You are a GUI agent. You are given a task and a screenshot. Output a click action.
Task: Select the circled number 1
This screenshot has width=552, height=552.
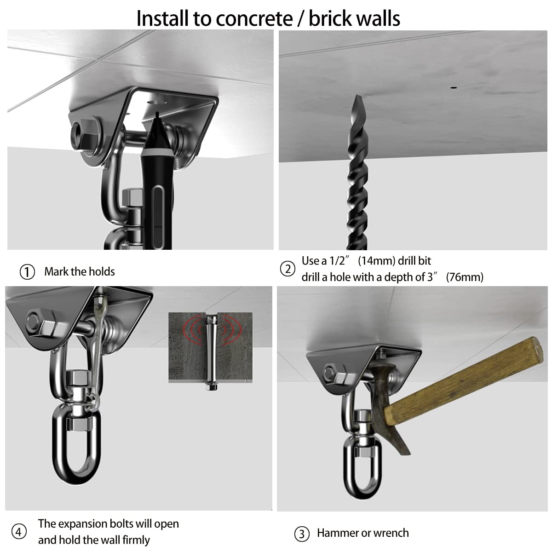pyautogui.click(x=27, y=272)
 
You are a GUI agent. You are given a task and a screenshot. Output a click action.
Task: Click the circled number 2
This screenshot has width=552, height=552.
pyautogui.click(x=288, y=269)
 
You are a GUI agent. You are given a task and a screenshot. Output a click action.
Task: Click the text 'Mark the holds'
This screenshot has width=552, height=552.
pyautogui.click(x=80, y=272)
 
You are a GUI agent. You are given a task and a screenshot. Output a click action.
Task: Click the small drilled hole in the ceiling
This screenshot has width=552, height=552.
pyautogui.click(x=454, y=86)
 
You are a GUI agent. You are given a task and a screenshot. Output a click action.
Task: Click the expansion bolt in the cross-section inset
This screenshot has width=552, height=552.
pyautogui.click(x=211, y=350)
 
